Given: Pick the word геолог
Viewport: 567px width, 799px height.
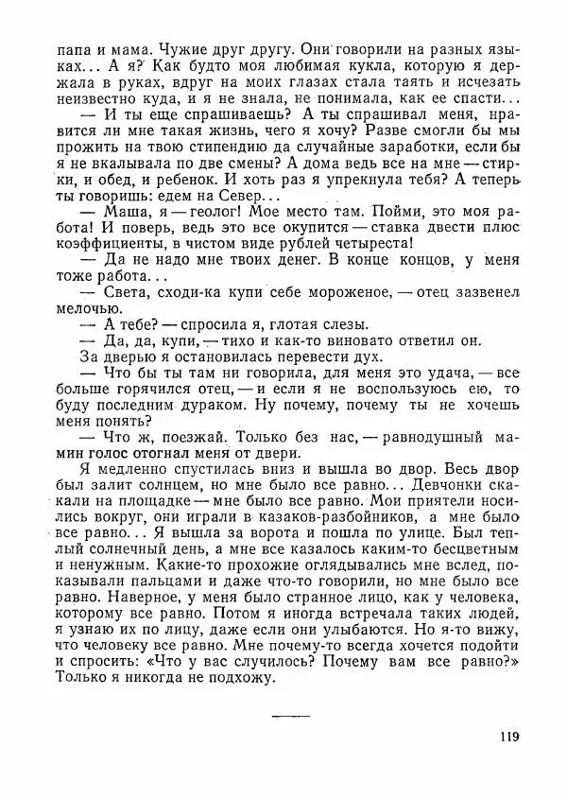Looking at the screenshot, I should coord(195,215).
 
